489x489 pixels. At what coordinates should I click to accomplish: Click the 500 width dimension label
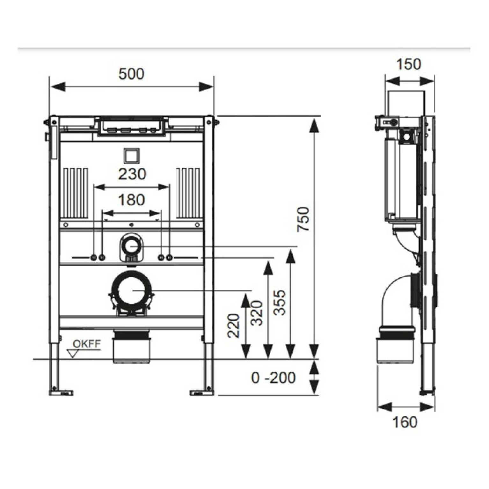[131, 74]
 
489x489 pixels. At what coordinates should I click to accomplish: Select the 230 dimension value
[132, 174]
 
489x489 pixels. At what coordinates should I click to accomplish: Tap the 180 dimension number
[131, 200]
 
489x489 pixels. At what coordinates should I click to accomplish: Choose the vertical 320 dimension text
[257, 313]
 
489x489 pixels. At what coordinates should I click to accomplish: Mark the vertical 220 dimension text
[233, 325]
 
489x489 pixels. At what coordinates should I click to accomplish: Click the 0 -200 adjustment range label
[273, 378]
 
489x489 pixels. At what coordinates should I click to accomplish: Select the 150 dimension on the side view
[408, 64]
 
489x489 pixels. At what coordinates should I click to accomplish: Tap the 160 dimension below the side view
[405, 422]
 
